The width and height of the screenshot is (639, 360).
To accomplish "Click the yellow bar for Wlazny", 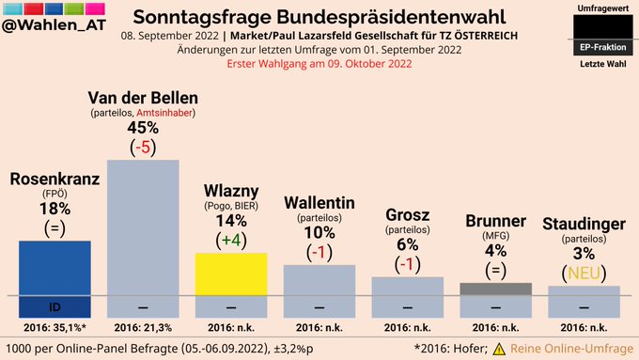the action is tap(231, 274).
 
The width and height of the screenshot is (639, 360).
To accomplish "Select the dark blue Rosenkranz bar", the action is tap(55, 268).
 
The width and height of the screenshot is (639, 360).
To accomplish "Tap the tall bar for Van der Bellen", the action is tap(143, 227).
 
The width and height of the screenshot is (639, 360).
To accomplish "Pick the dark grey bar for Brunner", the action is tap(495, 290).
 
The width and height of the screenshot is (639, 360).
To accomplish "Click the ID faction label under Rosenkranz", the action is tap(55, 307).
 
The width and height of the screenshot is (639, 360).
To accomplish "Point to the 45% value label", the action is tap(143, 128).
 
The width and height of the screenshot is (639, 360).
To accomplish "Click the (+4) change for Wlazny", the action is tap(231, 240).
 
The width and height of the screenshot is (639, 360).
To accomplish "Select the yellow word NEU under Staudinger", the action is tap(584, 274).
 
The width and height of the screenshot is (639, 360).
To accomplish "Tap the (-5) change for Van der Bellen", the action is tap(143, 148).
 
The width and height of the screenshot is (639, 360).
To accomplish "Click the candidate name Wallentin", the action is tap(319, 203).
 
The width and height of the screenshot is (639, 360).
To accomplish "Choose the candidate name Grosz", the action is tap(407, 215).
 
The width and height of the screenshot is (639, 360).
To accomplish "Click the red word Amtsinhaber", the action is tap(164, 113).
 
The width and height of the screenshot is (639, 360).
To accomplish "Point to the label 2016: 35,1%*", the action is tap(55, 327).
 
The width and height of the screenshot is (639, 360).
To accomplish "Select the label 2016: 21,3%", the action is tap(143, 327).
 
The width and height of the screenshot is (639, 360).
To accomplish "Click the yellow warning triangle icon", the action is tap(499, 349).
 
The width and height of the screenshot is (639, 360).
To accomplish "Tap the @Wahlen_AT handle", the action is tap(54, 24).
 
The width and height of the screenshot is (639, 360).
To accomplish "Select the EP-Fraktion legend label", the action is tap(602, 47).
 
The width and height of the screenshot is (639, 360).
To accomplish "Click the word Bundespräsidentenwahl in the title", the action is tap(391, 17).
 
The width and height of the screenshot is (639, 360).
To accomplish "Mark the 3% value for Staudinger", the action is tap(584, 254).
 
